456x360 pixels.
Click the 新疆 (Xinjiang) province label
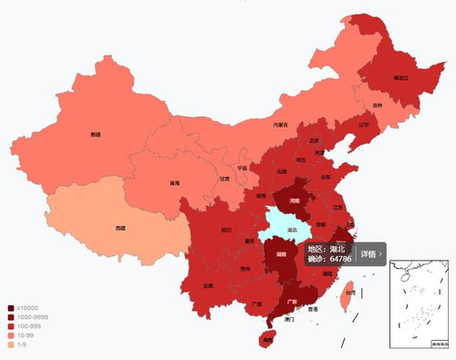pos(96,134)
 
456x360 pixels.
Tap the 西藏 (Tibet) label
pos(119,227)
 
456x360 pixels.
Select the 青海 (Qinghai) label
pos(174,183)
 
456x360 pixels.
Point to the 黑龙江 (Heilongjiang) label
pos(376,78)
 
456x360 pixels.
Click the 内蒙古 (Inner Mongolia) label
pos(280,124)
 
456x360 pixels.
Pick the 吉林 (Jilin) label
pos(378,105)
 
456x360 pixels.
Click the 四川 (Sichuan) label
pos(226,230)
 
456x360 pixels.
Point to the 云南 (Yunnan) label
pos(208,285)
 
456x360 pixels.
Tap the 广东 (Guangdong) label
pos(292,300)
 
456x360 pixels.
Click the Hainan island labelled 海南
pos(266,339)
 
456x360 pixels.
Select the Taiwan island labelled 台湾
pos(350,293)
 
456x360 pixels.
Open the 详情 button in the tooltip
pos(371,254)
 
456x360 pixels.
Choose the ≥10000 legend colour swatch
pos(10,308)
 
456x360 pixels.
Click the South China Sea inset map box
pos(420,303)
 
